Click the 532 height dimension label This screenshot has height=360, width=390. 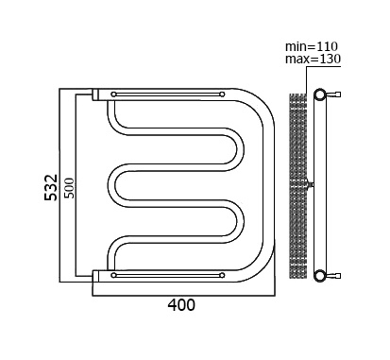[51, 187]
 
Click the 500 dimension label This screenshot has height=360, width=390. [70, 188]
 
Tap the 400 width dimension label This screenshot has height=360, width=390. [181, 305]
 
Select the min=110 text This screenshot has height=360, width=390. [312, 46]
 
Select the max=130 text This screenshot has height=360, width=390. [313, 59]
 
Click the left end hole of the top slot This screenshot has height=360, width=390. [113, 94]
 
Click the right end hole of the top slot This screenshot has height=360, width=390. [222, 94]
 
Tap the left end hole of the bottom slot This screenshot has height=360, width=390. [113, 275]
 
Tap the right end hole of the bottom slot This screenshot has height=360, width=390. [222, 275]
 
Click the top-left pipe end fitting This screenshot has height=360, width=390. [95, 94]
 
